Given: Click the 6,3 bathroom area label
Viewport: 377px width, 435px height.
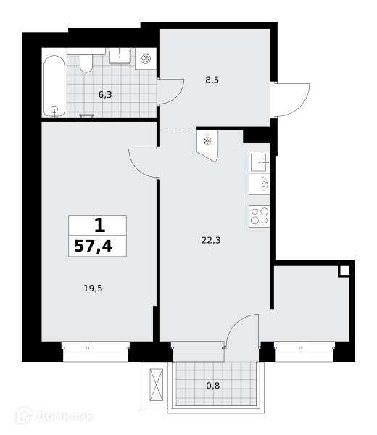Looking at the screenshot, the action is [x=105, y=95].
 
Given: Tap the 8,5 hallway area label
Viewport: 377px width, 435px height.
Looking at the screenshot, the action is [x=212, y=80].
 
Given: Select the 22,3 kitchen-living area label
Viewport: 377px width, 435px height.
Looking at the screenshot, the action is [x=211, y=240].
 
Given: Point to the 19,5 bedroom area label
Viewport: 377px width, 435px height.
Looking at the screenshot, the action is [x=94, y=289].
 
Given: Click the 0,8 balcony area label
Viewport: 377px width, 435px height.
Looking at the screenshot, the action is [x=213, y=386].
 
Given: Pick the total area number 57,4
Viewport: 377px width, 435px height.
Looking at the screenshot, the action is [x=94, y=246].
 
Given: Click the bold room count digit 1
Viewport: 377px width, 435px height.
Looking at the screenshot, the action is [x=100, y=225].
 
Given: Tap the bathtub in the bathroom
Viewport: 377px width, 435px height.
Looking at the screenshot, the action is [x=54, y=86].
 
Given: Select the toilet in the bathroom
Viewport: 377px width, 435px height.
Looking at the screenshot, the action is [x=86, y=63].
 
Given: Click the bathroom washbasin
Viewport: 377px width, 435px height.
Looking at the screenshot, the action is [x=120, y=56].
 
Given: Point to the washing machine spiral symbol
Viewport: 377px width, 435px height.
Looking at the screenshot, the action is [x=146, y=59].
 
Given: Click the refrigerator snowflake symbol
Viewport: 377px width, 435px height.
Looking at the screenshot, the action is [x=207, y=141].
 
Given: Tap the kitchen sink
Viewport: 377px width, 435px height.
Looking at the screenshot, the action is [x=260, y=162].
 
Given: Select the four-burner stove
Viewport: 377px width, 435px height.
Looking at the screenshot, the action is [x=260, y=216].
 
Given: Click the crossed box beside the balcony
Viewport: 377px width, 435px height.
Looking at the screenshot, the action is [x=156, y=384].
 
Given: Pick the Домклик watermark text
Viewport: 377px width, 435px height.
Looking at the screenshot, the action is [x=64, y=416].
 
